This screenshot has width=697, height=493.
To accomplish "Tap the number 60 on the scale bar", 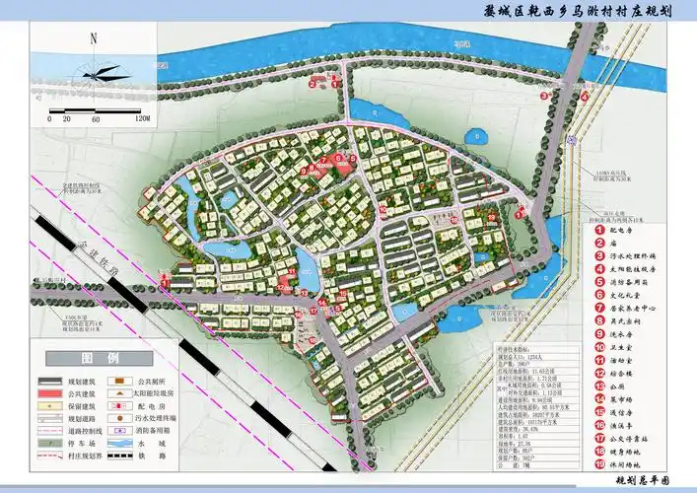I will click(97, 119).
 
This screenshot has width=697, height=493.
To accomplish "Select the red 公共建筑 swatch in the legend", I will click(51, 392).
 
